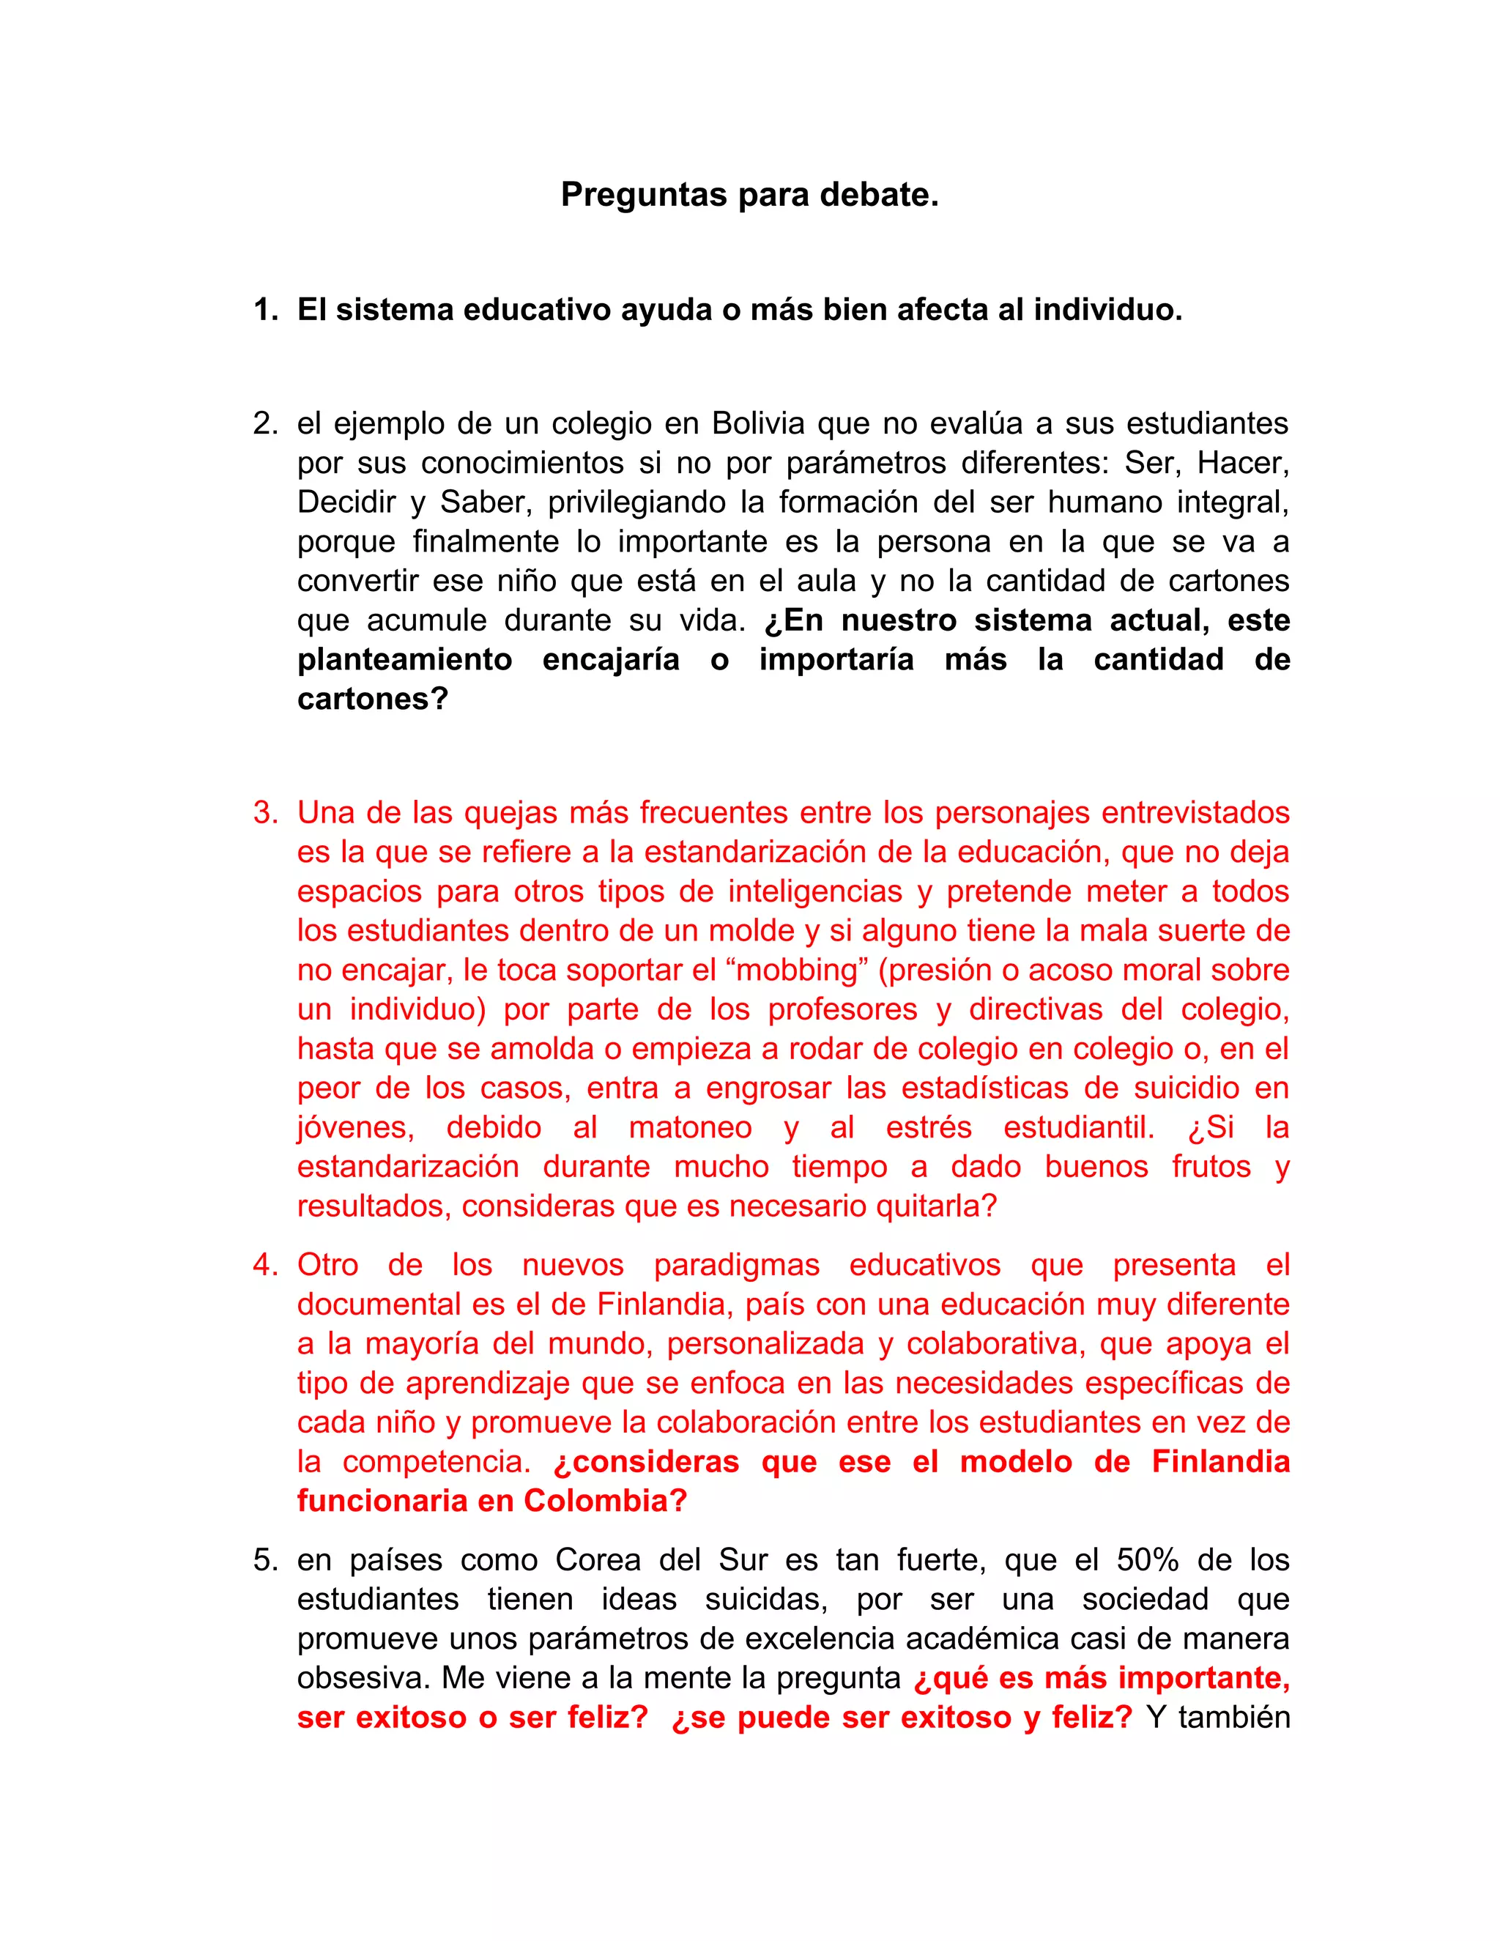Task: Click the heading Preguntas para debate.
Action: pos(749,195)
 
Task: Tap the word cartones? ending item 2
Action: pos(372,699)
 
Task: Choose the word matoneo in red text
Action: pos(689,1127)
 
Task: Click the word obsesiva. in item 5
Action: pos(364,1678)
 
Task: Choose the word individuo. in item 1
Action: pos(1107,310)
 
